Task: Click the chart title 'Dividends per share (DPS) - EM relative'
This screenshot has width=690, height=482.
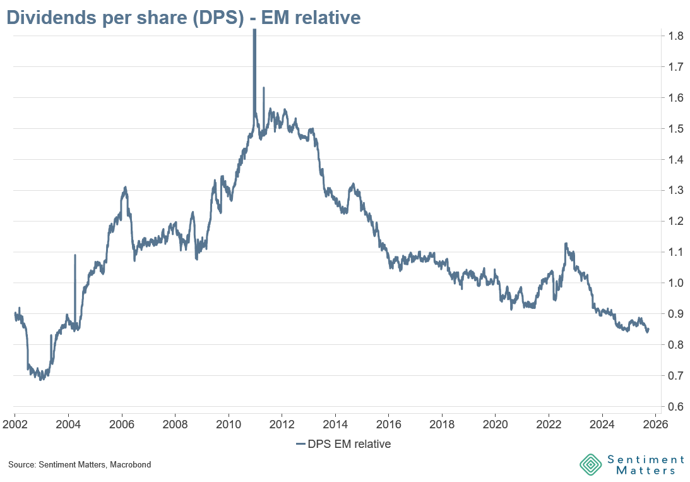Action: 183,17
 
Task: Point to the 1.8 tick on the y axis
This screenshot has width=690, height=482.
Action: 674,36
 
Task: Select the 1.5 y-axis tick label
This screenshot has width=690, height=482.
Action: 674,129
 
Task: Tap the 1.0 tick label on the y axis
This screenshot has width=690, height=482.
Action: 674,283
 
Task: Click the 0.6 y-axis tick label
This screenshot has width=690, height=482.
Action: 674,407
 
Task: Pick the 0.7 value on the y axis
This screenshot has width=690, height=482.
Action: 674,376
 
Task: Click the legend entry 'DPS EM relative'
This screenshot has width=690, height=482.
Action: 343,444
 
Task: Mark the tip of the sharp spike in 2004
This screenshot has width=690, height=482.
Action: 75,255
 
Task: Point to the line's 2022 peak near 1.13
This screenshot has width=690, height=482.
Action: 566,243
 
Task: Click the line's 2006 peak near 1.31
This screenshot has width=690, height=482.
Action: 126,187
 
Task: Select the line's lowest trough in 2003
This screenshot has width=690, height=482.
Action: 42,380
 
